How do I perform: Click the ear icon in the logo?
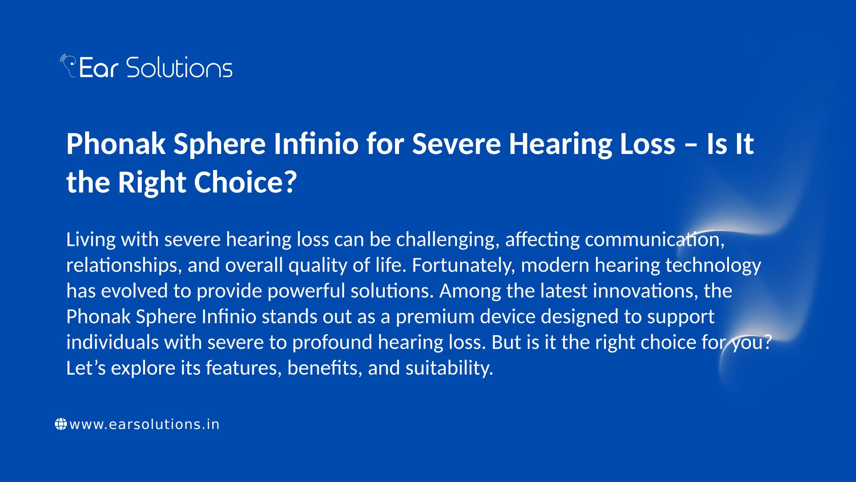(x=68, y=65)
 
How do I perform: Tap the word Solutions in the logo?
(x=179, y=67)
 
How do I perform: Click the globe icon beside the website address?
(x=61, y=424)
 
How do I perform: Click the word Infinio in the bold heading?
(x=316, y=144)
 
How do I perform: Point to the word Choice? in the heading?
(x=245, y=183)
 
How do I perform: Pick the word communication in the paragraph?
(x=655, y=240)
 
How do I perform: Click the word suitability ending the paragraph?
(x=449, y=369)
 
